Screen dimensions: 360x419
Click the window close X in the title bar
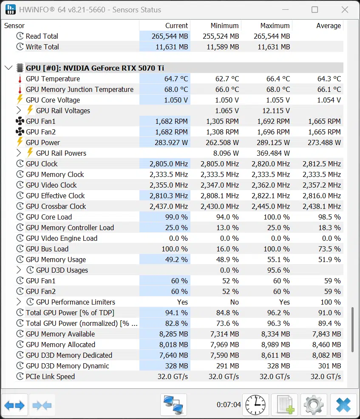[x=345, y=10]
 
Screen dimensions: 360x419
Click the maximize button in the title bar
[x=315, y=10]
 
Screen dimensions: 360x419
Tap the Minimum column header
[x=224, y=26]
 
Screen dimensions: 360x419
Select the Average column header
[x=329, y=26]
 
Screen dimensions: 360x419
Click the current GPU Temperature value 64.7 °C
[x=176, y=79]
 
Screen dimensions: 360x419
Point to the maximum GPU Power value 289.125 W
[x=273, y=143]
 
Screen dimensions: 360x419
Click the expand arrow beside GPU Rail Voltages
[x=18, y=110]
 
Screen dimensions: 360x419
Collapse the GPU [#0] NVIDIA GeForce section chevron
[x=9, y=68]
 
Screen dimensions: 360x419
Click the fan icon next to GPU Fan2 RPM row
[x=20, y=132]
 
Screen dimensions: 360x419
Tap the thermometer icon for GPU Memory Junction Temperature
[x=20, y=89]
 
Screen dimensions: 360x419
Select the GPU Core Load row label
[x=49, y=217]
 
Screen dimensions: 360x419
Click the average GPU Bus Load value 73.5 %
[x=329, y=249]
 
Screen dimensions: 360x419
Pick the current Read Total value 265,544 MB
[x=170, y=36]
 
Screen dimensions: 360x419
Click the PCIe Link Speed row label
[x=50, y=376]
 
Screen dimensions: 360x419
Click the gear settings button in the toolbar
[x=314, y=405]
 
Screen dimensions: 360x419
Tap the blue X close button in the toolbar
[x=343, y=405]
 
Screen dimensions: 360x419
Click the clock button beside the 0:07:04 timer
[x=255, y=405]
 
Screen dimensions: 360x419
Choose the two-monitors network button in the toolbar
[x=173, y=405]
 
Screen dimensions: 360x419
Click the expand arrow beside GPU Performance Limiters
[x=18, y=302]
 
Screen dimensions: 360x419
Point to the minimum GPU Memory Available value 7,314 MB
[x=224, y=334]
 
